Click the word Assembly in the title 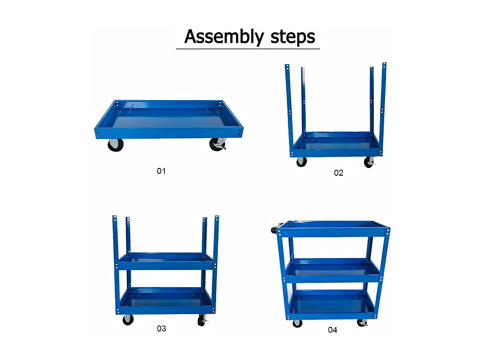pyautogui.click(x=224, y=37)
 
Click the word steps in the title pyautogui.click(x=293, y=37)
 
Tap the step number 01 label pyautogui.click(x=161, y=171)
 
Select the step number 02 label pyautogui.click(x=338, y=173)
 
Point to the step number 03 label pyautogui.click(x=161, y=329)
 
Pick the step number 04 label pyautogui.click(x=332, y=330)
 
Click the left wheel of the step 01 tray pyautogui.click(x=116, y=145)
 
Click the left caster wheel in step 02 pyautogui.click(x=301, y=162)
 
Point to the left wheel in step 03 pyautogui.click(x=128, y=320)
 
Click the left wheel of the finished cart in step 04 pyautogui.click(x=297, y=323)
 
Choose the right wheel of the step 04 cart pyautogui.click(x=362, y=323)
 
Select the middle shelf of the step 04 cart pyautogui.click(x=333, y=270)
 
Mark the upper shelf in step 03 pyautogui.click(x=166, y=261)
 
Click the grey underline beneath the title pyautogui.click(x=248, y=49)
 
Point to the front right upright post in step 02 pyautogui.click(x=383, y=109)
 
